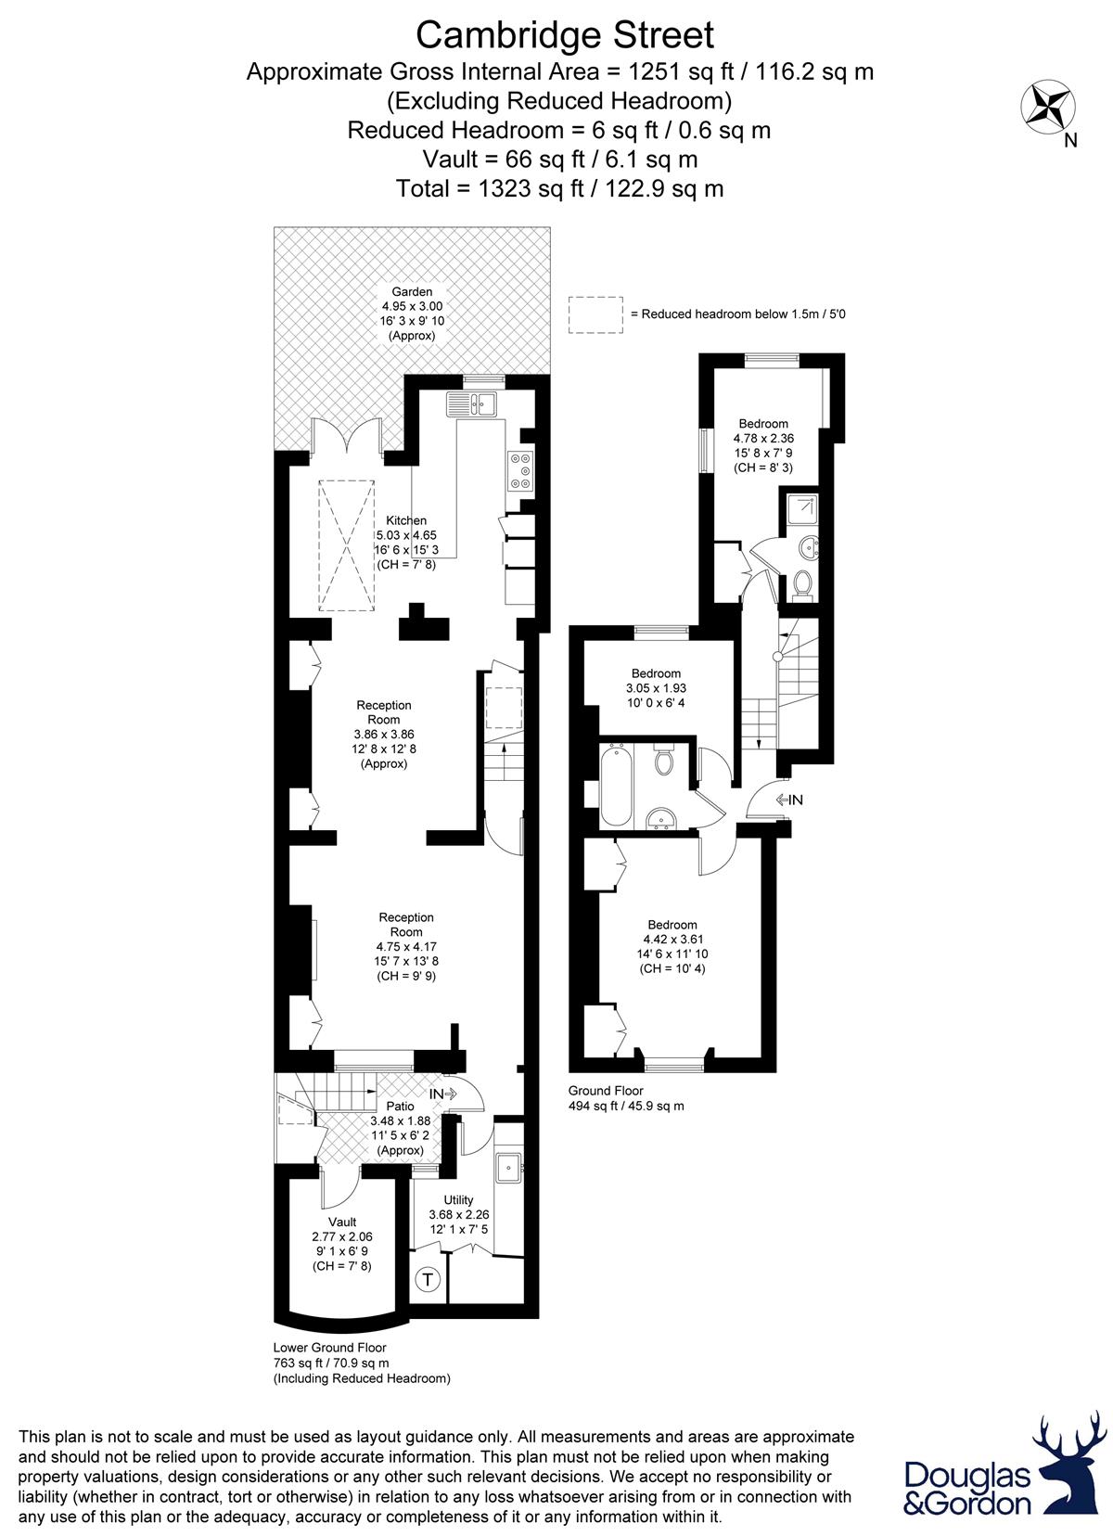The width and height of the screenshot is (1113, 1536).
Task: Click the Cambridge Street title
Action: [x=565, y=35]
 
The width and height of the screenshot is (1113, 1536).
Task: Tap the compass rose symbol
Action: [x=1048, y=107]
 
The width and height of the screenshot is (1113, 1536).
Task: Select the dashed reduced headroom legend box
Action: [x=595, y=314]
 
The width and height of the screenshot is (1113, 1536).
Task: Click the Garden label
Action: [x=412, y=291]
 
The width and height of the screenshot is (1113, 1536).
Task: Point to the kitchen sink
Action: [x=472, y=403]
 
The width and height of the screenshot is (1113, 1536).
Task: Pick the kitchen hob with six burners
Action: [x=519, y=470]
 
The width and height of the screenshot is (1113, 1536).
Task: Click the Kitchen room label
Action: [x=406, y=520]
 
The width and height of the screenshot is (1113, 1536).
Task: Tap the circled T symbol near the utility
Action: [x=428, y=1279]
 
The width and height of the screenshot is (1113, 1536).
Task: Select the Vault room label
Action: [x=341, y=1222]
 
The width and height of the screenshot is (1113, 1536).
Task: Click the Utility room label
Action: [x=458, y=1199]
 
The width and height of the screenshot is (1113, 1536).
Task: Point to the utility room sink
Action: [x=509, y=1166]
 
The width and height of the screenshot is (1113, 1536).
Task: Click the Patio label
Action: [x=400, y=1106]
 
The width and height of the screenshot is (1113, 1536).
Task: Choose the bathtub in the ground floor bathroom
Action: [x=616, y=787]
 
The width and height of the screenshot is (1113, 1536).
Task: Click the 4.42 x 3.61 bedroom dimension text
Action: [x=672, y=940]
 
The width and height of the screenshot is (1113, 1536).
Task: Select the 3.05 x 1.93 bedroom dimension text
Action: [x=656, y=688]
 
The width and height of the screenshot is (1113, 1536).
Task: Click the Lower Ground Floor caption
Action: [x=330, y=1348]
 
